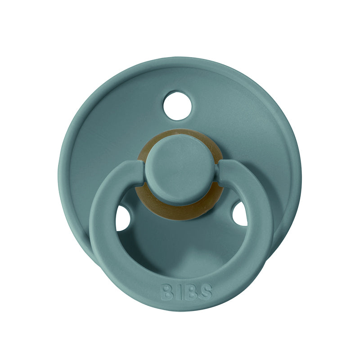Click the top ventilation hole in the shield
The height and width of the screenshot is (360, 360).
[177, 106]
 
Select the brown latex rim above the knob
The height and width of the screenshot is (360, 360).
[180, 134]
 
